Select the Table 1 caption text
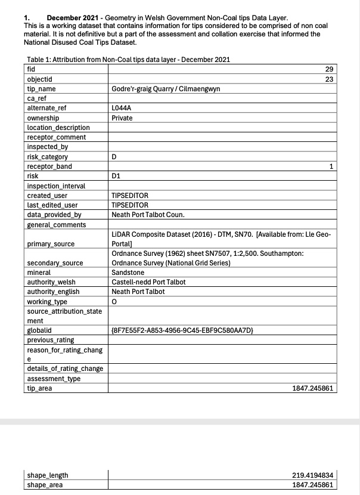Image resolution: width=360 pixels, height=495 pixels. click(128, 60)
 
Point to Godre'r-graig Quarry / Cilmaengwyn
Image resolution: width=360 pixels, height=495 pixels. click(166, 89)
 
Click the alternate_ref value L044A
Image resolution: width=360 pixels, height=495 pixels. click(122, 109)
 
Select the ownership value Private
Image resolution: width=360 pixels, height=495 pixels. click(122, 118)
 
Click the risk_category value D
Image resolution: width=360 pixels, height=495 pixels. click(114, 157)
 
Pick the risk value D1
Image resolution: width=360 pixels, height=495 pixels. click(116, 176)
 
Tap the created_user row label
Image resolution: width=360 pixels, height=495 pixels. click(47, 196)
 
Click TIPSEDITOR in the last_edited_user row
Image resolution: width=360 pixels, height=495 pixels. click(130, 205)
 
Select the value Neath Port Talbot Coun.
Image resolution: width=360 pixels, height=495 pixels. click(148, 215)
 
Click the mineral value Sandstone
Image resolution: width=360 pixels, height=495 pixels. click(128, 273)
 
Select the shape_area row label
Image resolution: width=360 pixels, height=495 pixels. click(48, 485)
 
